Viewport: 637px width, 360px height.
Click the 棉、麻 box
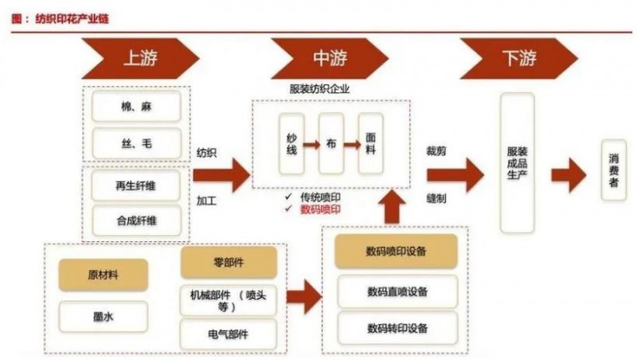tap(136, 106)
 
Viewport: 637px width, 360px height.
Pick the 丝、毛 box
tap(136, 143)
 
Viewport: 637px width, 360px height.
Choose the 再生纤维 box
tap(136, 184)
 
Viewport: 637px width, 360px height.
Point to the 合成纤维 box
tap(136, 220)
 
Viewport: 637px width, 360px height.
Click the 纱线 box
tap(291, 144)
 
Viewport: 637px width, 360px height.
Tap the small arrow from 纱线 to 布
tap(311, 144)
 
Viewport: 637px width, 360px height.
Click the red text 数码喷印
tap(322, 209)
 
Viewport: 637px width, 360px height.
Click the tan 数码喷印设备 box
tap(396, 251)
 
